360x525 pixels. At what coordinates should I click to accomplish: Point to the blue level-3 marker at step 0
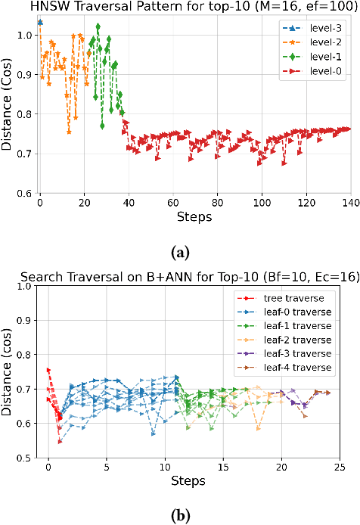pyautogui.click(x=40, y=23)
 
